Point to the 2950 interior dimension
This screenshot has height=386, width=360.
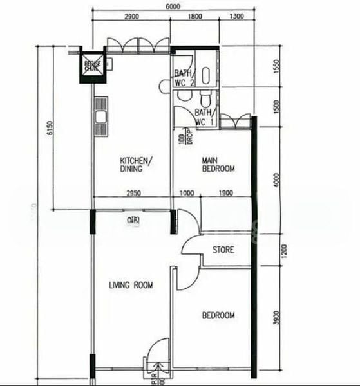click(x=133, y=193)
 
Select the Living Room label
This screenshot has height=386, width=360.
click(x=131, y=285)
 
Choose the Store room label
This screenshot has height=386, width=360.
click(x=223, y=250)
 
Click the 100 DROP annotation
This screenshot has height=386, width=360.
click(x=185, y=137)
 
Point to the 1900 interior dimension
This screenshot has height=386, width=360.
click(x=226, y=193)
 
